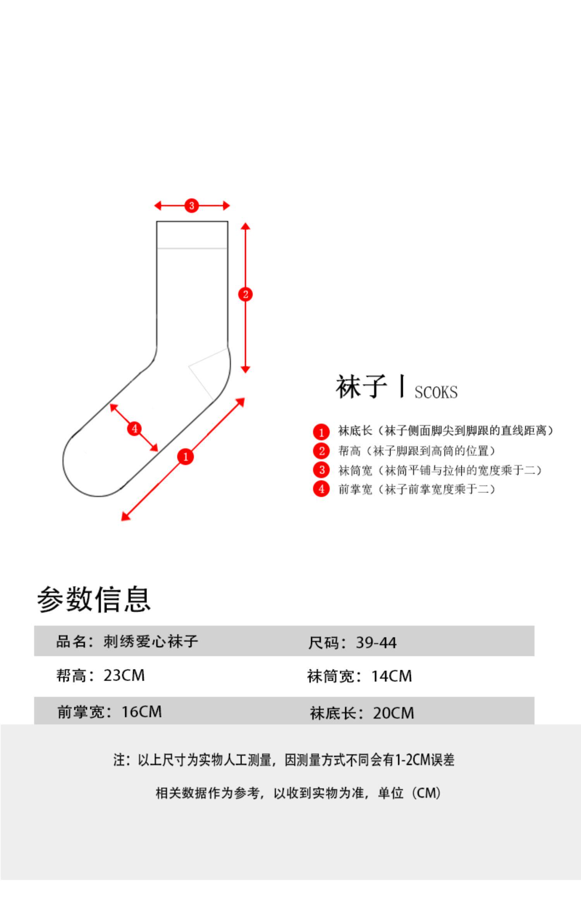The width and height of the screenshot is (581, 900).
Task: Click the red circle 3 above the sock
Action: point(191,205)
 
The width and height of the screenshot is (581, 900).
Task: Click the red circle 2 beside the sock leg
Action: point(245,294)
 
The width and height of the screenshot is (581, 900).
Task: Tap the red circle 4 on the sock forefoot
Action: point(134,429)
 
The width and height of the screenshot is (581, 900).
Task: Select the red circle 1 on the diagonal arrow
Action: point(186,457)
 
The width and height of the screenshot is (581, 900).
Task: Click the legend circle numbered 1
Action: point(321,432)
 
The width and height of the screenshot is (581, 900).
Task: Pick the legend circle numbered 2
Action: point(321,451)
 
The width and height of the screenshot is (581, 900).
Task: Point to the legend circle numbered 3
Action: point(321,470)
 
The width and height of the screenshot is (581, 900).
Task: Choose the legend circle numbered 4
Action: point(321,489)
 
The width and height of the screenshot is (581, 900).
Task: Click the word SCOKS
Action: point(436,392)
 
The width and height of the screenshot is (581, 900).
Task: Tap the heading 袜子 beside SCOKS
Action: point(361,387)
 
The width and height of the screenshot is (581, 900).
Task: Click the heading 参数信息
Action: point(94,599)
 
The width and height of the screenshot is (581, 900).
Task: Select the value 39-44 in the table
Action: point(376,643)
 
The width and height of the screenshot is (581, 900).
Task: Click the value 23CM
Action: point(124,676)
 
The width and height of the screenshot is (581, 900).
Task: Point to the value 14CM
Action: point(392,676)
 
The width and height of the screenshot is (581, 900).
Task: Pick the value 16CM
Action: point(141,712)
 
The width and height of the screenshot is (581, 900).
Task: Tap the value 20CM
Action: point(394,713)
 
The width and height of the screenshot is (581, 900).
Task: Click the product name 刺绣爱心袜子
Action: point(151,642)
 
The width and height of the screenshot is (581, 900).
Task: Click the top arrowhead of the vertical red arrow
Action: point(245,226)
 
